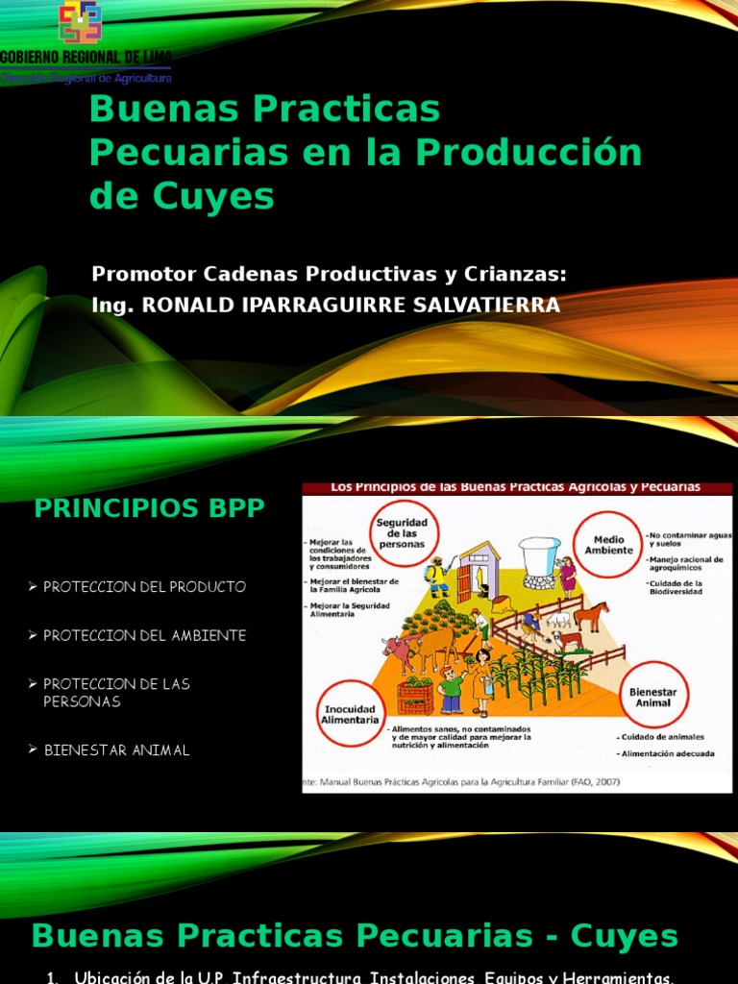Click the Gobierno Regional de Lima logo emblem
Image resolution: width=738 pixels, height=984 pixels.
pos(80,22)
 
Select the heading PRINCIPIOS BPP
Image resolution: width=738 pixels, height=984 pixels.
pos(149,509)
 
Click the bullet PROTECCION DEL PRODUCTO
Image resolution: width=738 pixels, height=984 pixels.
pos(144,586)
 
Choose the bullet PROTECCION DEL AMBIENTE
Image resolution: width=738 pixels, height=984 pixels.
pos(144,635)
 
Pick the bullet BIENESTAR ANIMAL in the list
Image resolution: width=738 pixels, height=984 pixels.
pos(116,750)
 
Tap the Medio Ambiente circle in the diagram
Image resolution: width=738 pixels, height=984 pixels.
pos(608,545)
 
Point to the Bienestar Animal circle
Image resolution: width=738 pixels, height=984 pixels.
pos(653,699)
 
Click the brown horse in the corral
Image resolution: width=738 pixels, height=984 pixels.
pos(590,614)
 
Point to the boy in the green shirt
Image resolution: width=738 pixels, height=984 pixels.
pos(451,688)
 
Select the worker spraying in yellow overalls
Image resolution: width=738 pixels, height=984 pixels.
pos(437,577)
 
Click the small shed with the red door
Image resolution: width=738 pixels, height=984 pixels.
pos(478,571)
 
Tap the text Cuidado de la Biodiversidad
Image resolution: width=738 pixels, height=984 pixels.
pos(676,587)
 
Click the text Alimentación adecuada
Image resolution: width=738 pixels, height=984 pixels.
pos(667,754)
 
